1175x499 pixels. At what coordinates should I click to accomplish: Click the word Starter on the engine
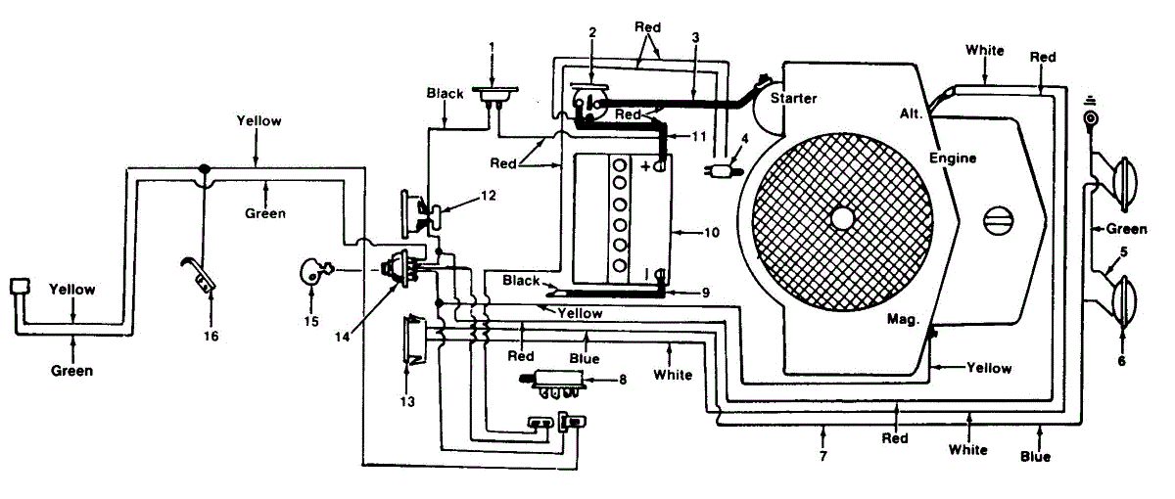click(x=793, y=98)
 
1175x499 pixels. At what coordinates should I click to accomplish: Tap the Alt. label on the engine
click(x=912, y=113)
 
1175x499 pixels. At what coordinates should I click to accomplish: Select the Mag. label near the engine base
click(x=903, y=319)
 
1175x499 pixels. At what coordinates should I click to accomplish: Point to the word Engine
click(x=953, y=158)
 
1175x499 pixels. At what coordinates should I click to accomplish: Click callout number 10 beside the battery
click(x=711, y=232)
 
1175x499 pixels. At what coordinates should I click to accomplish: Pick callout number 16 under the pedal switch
click(x=211, y=336)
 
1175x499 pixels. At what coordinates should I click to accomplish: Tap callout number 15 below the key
click(x=311, y=321)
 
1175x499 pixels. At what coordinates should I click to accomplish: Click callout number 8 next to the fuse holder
click(x=623, y=379)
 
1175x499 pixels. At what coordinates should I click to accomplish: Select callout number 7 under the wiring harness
click(x=823, y=456)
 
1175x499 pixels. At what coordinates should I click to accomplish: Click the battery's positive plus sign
click(x=645, y=166)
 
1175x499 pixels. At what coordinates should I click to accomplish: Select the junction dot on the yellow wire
click(x=205, y=169)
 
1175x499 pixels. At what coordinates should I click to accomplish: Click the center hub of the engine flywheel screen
click(x=842, y=218)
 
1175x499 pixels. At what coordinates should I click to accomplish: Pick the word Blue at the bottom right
click(x=1035, y=457)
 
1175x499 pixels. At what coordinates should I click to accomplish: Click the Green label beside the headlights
click(x=1126, y=229)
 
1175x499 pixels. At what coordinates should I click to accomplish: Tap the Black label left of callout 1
click(x=445, y=93)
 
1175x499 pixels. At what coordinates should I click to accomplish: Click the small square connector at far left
click(x=20, y=286)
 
